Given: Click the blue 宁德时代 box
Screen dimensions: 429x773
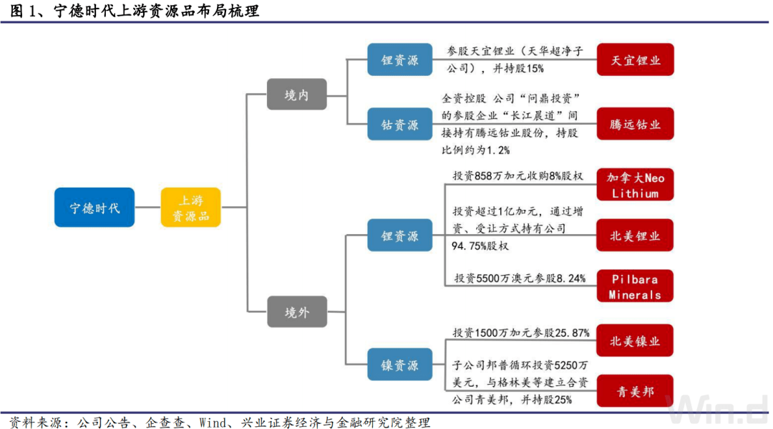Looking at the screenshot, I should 94,208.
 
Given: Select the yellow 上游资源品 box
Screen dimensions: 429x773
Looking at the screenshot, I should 190,208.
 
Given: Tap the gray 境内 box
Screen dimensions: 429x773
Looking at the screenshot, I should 296,94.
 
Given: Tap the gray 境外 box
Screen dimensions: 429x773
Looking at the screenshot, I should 296,313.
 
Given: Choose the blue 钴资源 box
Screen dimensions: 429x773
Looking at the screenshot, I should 400,124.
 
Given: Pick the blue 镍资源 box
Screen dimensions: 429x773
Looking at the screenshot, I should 400,365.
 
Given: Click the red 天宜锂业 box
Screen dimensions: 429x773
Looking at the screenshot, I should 635,59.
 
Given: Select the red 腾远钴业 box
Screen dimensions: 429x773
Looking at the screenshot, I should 635,124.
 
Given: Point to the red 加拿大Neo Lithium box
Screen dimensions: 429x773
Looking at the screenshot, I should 635,185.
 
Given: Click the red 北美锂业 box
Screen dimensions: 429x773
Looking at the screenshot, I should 635,235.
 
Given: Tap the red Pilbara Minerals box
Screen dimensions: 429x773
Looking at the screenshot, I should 635,286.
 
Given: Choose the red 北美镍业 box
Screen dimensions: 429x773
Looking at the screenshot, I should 635,341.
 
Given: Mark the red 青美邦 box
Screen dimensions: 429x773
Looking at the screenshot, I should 635,392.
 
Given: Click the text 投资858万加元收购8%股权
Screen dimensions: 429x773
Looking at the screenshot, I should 518,175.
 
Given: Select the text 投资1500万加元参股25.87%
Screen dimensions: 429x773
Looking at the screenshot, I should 520,333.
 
